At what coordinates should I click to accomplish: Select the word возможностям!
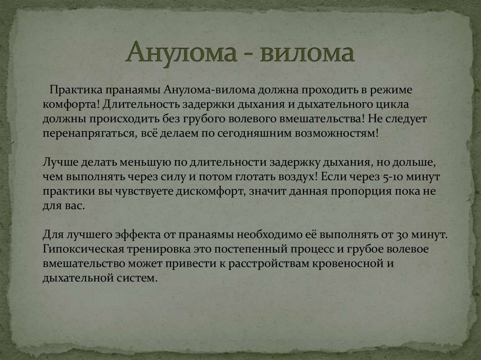(x=336, y=133)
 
